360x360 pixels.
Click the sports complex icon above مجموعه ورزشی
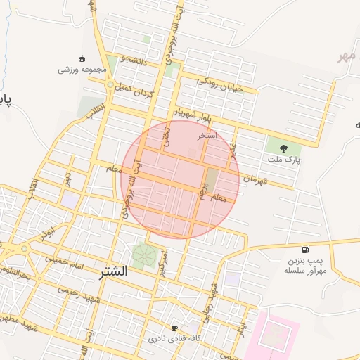tap(82, 58)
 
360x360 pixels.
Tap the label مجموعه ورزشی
tap(82, 70)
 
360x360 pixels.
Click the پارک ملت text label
tap(284, 160)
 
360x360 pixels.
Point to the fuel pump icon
tap(304, 250)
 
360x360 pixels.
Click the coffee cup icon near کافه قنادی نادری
tap(175, 328)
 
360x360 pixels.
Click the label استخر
tap(207, 134)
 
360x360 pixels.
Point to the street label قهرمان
tap(257, 179)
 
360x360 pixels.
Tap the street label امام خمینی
tap(65, 261)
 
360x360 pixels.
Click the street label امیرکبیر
tap(163, 262)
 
